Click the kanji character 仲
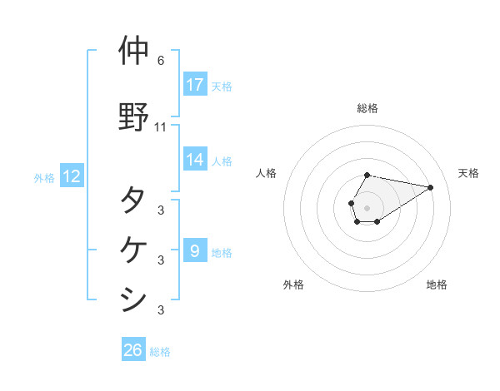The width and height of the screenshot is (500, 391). point(133,51)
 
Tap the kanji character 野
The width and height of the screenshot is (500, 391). point(133,116)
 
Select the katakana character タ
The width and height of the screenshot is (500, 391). point(133,200)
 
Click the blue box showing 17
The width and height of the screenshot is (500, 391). point(194,85)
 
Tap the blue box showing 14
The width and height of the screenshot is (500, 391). point(194,160)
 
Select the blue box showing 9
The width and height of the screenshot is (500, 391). point(194,250)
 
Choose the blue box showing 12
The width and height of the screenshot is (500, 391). point(72,176)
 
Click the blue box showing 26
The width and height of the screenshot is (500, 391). point(133,350)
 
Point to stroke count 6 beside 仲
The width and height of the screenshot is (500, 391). point(161,61)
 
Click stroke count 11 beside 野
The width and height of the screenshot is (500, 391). point(161,127)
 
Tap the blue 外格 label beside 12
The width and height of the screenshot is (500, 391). point(44,177)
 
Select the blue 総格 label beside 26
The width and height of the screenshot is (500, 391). point(160,352)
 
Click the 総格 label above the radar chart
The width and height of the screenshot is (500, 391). point(367,108)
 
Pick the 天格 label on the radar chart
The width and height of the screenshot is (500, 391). point(468,173)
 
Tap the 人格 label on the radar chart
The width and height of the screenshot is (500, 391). point(267,173)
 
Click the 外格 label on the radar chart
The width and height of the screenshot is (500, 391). point(293,285)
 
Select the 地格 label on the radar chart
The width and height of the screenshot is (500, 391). point(437,285)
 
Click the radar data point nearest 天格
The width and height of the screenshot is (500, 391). point(431,187)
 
